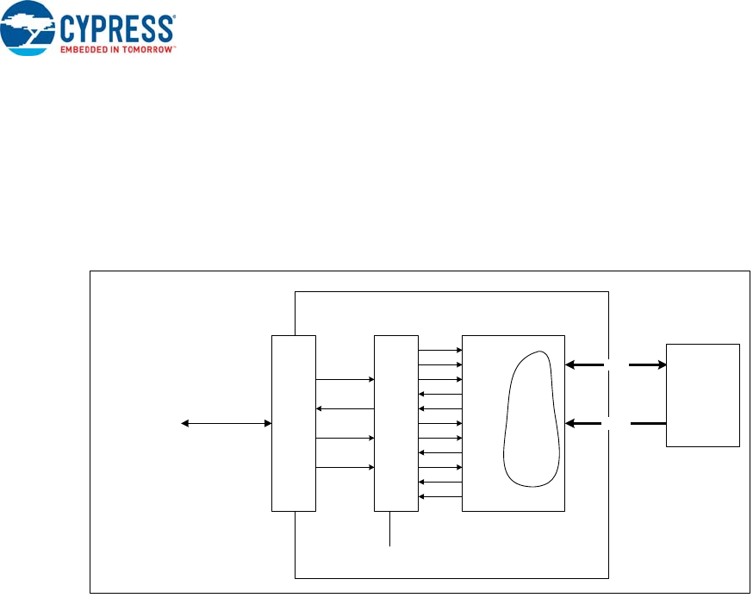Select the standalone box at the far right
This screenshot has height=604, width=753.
pyautogui.click(x=702, y=395)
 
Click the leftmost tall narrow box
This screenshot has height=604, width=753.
pyautogui.click(x=293, y=423)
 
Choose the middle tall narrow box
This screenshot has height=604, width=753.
pyautogui.click(x=396, y=423)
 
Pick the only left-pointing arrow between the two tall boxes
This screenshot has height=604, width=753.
pyautogui.click(x=345, y=408)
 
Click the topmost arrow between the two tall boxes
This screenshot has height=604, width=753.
pyautogui.click(x=345, y=379)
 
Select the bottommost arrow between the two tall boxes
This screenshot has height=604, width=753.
pyautogui.click(x=345, y=468)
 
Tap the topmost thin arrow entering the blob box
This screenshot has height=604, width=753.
pyautogui.click(x=440, y=351)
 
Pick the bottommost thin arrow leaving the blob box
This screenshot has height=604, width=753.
pyautogui.click(x=440, y=497)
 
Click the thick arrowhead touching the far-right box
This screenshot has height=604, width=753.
pyautogui.click(x=661, y=365)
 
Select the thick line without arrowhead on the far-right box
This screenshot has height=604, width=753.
pyautogui.click(x=648, y=423)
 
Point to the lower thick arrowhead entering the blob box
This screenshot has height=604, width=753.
pyautogui.click(x=570, y=423)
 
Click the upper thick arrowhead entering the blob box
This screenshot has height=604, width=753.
pyautogui.click(x=570, y=365)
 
